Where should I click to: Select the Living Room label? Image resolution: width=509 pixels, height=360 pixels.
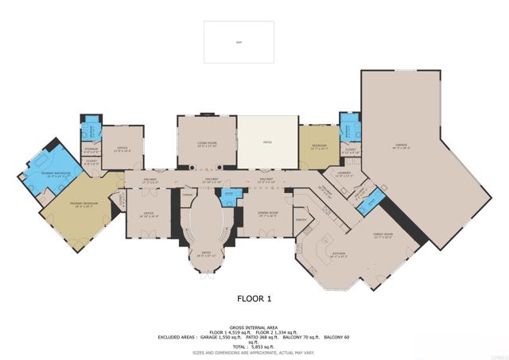click(x=207, y=144)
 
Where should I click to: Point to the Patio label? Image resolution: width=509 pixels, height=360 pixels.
click(x=267, y=143)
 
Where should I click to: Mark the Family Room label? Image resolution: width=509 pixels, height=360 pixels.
click(x=383, y=235)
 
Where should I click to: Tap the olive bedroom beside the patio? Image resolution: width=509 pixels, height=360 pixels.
click(x=318, y=146)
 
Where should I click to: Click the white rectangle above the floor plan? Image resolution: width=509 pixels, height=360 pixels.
click(x=239, y=41)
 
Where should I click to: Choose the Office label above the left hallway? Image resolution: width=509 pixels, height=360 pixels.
click(x=122, y=148)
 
